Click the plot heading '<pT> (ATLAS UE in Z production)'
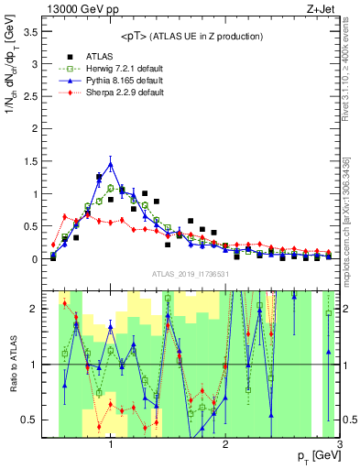(x=191, y=36)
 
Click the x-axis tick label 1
(x=110, y=445)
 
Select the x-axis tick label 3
(x=339, y=445)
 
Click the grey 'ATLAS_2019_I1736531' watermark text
(x=191, y=275)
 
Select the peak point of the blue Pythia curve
(x=110, y=164)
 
